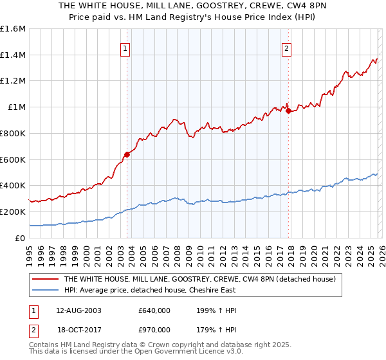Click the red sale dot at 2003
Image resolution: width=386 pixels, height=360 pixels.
point(127,154)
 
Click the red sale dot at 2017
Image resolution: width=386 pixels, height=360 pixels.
point(288,111)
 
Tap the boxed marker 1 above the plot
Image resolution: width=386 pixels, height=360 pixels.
point(125,47)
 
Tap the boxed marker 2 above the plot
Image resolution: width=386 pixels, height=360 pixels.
point(286,47)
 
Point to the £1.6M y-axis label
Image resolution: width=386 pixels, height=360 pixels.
point(13,29)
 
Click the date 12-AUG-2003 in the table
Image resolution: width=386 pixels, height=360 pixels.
point(77,310)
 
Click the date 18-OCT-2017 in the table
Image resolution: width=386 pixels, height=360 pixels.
point(77,328)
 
